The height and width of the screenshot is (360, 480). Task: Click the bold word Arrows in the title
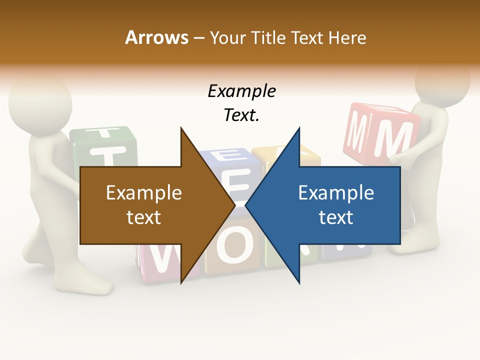coord(156,37)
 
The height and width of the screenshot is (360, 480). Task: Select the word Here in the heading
coord(347,37)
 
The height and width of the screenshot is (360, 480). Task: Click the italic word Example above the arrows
coord(241,91)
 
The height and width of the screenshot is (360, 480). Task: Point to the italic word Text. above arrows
coord(241,115)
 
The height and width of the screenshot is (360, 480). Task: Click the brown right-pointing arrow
coord(150,205)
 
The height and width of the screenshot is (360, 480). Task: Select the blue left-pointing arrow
coord(340,205)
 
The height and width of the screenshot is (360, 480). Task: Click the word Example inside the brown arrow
coord(144,193)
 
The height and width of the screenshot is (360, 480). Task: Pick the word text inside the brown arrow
coord(144,217)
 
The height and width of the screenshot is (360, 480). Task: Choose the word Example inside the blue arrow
coord(336,193)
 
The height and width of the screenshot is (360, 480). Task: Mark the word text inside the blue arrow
coord(336,217)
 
